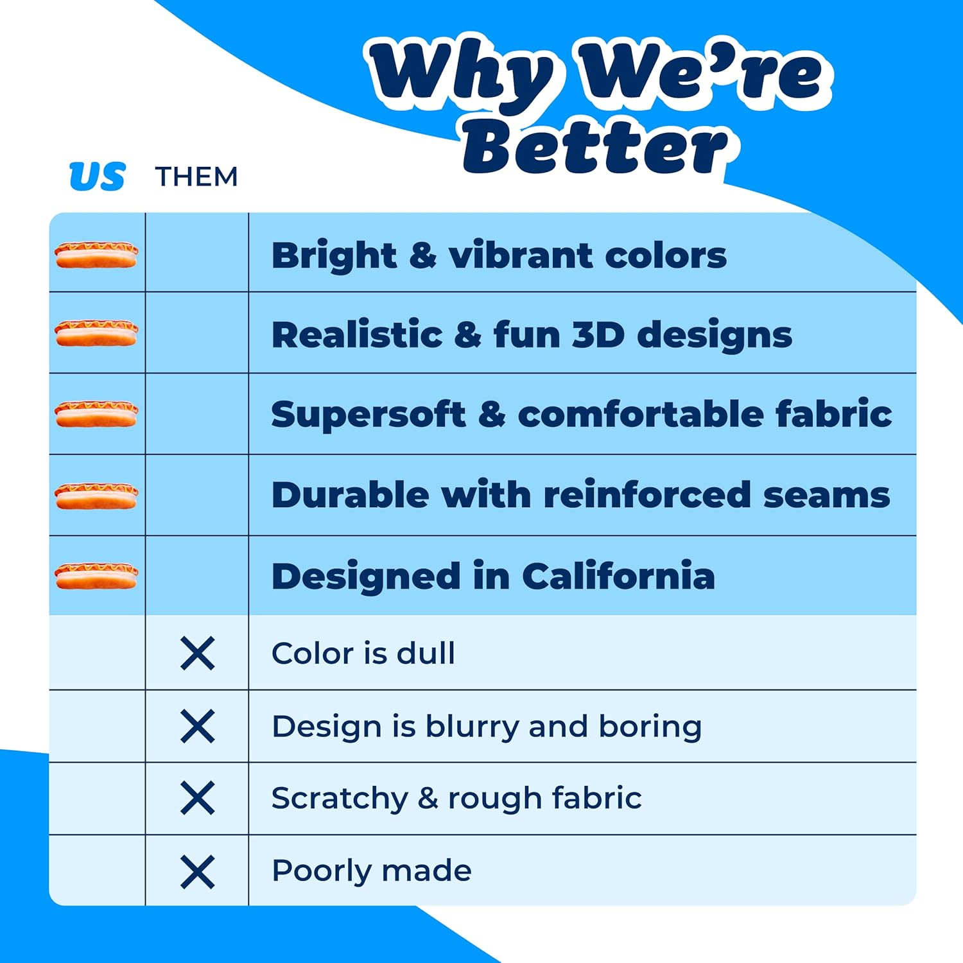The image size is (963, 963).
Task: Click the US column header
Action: (x=97, y=177)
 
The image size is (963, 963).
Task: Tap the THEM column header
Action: (x=196, y=177)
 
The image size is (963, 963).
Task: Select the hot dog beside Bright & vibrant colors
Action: (x=96, y=255)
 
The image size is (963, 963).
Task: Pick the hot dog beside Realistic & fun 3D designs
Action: (x=96, y=334)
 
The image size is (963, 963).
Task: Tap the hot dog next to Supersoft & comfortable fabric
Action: (x=96, y=414)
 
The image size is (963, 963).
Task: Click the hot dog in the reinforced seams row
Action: (x=96, y=496)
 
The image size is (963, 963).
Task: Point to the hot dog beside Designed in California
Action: (x=96, y=576)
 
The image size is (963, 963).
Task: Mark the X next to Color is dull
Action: (x=198, y=654)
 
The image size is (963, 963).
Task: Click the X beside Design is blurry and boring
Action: (x=198, y=727)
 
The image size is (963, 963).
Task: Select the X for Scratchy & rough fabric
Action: (x=198, y=799)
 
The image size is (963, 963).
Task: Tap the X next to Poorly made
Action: (x=198, y=872)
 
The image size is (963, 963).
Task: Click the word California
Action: (x=618, y=575)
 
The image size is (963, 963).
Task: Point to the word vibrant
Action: (x=521, y=255)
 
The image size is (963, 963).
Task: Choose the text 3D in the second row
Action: (x=598, y=334)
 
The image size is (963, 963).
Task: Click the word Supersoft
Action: (x=368, y=415)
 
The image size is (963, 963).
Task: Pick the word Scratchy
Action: (x=340, y=799)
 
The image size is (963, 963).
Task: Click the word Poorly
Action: (x=322, y=872)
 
